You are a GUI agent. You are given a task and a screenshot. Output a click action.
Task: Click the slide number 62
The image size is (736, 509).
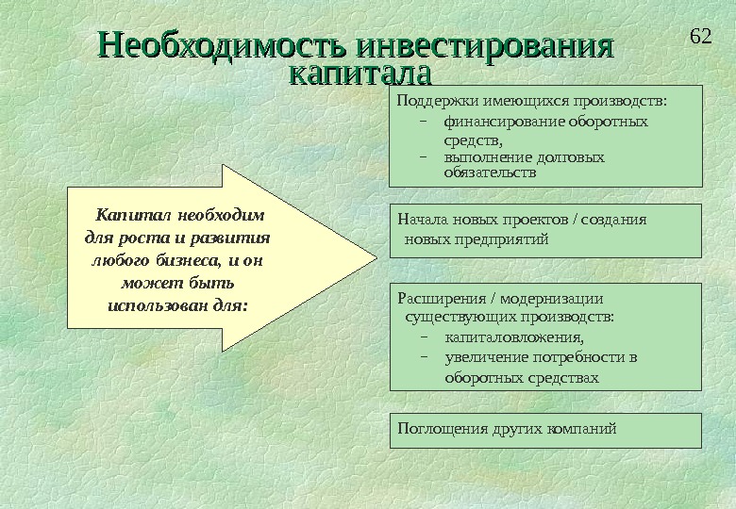(x=700, y=37)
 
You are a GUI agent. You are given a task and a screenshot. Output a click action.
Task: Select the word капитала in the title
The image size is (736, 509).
(x=358, y=73)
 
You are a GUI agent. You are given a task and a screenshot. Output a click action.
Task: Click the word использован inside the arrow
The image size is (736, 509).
(x=165, y=305)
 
